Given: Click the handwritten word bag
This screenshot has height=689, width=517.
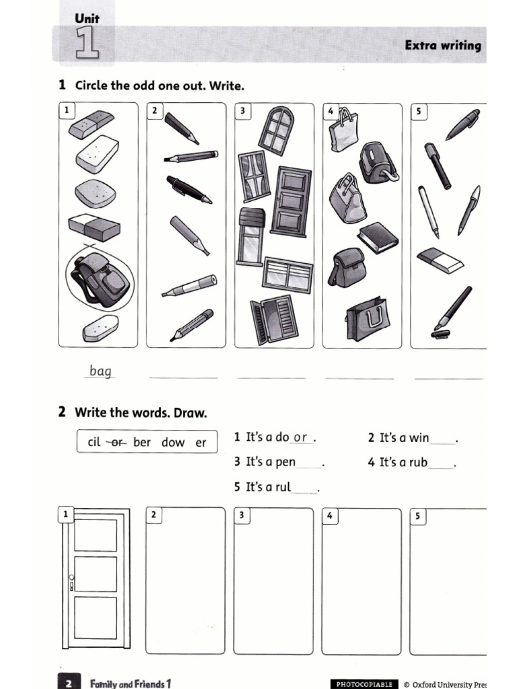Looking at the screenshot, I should [x=100, y=371].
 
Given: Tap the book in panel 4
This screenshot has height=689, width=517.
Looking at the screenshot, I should [x=378, y=237].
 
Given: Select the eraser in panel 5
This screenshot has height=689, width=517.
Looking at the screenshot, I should [x=440, y=260].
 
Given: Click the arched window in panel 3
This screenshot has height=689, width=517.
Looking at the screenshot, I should [x=276, y=129].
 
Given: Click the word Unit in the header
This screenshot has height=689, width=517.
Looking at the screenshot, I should [x=87, y=19].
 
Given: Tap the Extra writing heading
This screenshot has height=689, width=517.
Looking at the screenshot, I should [x=443, y=46].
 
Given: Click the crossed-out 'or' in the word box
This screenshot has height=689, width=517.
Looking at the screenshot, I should [x=118, y=443].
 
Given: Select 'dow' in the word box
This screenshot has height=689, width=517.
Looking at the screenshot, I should [x=173, y=443].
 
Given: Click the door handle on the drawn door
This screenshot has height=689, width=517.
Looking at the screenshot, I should [x=71, y=578].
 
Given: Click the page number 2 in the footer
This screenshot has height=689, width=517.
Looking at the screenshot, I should [x=69, y=684].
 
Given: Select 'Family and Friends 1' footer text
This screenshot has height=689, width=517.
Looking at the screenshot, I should [x=130, y=684].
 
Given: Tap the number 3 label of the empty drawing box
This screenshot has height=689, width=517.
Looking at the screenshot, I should [x=242, y=515].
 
